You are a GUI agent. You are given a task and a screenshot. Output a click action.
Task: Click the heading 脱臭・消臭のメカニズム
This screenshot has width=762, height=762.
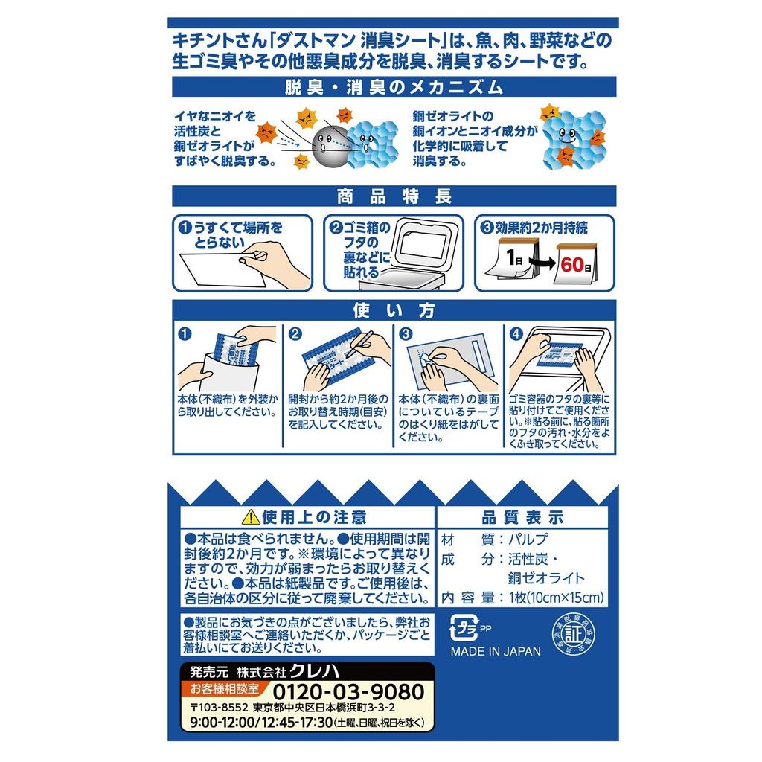394,86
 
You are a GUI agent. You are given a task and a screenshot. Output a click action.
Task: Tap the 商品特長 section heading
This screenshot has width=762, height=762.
394,196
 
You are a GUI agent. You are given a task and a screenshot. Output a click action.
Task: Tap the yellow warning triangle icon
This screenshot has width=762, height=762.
251,516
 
